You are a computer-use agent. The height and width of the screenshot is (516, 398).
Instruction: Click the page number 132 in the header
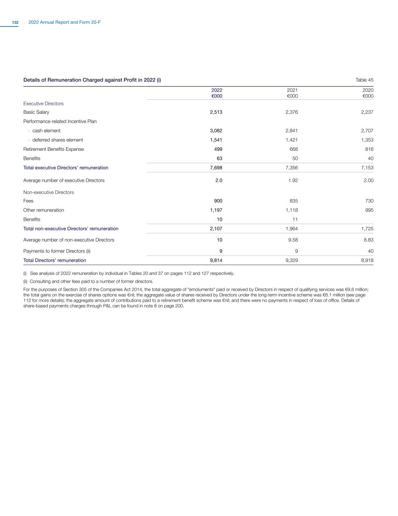pos(15,23)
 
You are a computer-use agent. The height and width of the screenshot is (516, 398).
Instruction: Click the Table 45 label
pos(364,80)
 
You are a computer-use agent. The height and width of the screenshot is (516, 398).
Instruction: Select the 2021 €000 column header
pos(292,93)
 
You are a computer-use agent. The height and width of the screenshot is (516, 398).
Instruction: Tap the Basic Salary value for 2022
pos(216,112)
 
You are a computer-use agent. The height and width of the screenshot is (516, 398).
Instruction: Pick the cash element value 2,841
pos(292,131)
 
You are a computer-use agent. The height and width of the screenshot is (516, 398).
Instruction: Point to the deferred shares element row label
pos(57,140)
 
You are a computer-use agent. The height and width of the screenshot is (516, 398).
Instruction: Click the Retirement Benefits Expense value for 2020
pos(368,149)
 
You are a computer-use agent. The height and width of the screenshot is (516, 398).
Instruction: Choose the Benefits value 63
pos(219,158)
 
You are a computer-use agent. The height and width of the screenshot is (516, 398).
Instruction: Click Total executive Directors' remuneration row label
pos(66,168)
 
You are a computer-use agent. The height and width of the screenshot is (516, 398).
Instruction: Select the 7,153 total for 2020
pos(367,168)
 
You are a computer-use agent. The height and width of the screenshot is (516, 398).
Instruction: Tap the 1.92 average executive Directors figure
pos(293,180)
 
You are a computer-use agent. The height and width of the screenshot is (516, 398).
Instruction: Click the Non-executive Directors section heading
pos(48,192)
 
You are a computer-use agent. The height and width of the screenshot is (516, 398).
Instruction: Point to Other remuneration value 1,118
pos(292,210)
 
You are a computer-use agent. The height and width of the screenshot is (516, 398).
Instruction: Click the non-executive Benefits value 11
pos(295,219)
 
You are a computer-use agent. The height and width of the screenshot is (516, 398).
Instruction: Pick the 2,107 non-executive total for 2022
pos(216,229)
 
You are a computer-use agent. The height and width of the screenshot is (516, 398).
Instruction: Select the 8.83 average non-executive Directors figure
pos(368,240)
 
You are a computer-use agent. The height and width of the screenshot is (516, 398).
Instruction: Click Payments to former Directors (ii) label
pos(57,251)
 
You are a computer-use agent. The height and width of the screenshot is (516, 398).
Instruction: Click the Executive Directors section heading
pos(43,104)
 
